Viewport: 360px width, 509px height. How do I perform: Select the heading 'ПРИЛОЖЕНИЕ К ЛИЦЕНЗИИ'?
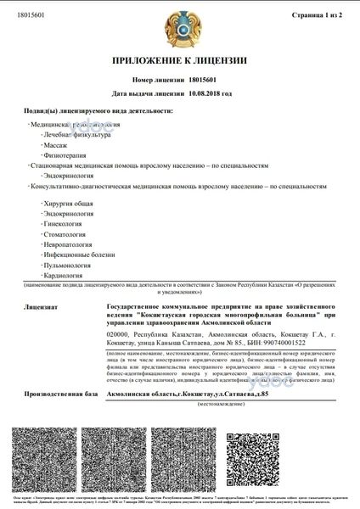(x=180, y=62)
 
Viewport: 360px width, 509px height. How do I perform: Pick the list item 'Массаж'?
(x=55, y=146)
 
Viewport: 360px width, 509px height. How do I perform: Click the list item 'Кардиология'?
(x=62, y=288)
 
